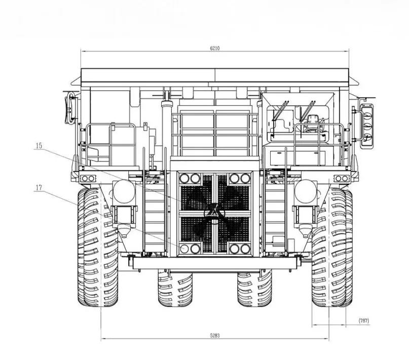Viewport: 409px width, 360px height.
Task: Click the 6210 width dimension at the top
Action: [x=215, y=48]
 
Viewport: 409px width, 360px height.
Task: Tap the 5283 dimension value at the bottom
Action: [x=215, y=336]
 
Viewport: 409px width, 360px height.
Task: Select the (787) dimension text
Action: [x=364, y=321]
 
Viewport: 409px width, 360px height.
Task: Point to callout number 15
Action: [x=39, y=146]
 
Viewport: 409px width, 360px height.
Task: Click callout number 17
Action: [x=39, y=187]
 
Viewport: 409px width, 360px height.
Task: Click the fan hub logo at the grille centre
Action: [x=214, y=213]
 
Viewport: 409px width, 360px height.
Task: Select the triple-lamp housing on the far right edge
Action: [x=366, y=126]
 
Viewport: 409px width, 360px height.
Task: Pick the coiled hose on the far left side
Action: [x=70, y=108]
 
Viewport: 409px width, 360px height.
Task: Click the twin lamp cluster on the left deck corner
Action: [x=88, y=179]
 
